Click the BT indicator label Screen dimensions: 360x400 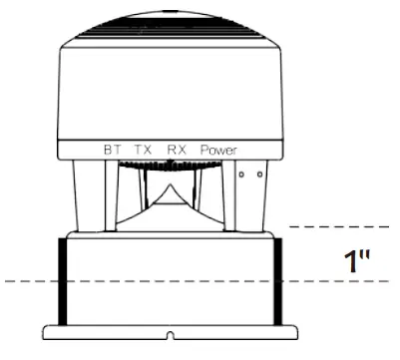click(x=113, y=150)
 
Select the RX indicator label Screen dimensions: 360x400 click(x=177, y=150)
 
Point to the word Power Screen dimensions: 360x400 click(x=218, y=150)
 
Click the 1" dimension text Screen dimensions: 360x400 click(x=357, y=261)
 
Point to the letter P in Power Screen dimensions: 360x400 click(x=202, y=150)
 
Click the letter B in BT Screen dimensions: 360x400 click(x=108, y=150)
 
